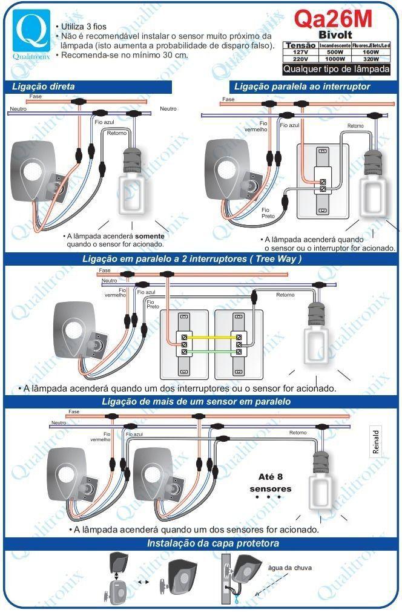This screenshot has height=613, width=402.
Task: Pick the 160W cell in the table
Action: coord(372,52)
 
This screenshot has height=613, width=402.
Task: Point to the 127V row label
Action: coord(298,52)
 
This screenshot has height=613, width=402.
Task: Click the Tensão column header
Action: coord(300,45)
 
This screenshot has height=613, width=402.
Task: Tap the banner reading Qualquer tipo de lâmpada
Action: coord(337,69)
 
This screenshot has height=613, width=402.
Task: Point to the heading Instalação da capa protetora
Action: coord(213,543)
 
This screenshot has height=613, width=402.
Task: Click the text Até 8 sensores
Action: coord(270,482)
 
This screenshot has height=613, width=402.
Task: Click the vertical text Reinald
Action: coord(375,442)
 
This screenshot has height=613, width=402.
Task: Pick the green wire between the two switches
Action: coord(211,352)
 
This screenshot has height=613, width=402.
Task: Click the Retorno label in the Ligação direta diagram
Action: coord(116,133)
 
